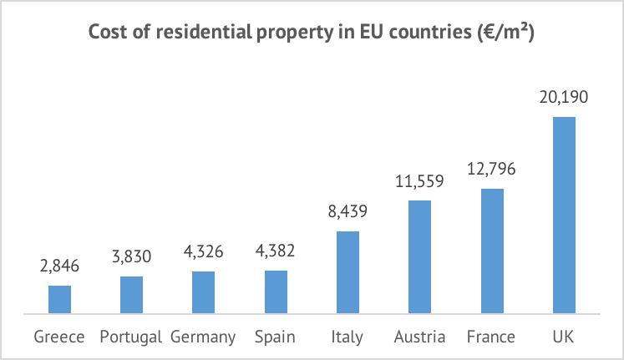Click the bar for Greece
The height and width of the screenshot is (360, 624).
coord(59,300)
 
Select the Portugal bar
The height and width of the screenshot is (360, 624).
coord(131,295)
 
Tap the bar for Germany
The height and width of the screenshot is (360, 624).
coord(203,293)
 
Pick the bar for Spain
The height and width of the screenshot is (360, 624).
coord(276,292)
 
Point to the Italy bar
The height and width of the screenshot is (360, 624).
coord(348,272)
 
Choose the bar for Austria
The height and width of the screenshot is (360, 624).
coord(419,257)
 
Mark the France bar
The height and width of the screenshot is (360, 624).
coord(492,251)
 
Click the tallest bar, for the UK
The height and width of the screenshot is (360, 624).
coord(565,215)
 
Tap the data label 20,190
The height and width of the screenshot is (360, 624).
coord(564,97)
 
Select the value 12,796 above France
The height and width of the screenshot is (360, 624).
coord(491,169)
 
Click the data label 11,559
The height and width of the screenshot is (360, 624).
coord(419,181)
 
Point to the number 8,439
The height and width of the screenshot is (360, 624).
coord(348,211)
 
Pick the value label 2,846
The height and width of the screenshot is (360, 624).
coord(59,266)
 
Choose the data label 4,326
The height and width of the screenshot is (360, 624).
coord(203,251)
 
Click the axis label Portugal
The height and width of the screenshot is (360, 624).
coord(130,337)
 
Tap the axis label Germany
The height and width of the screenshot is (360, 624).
coord(203,337)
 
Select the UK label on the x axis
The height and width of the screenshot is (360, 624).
coord(564,337)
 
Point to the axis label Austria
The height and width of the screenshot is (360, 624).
coord(419,337)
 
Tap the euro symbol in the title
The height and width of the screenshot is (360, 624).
coord(485,32)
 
